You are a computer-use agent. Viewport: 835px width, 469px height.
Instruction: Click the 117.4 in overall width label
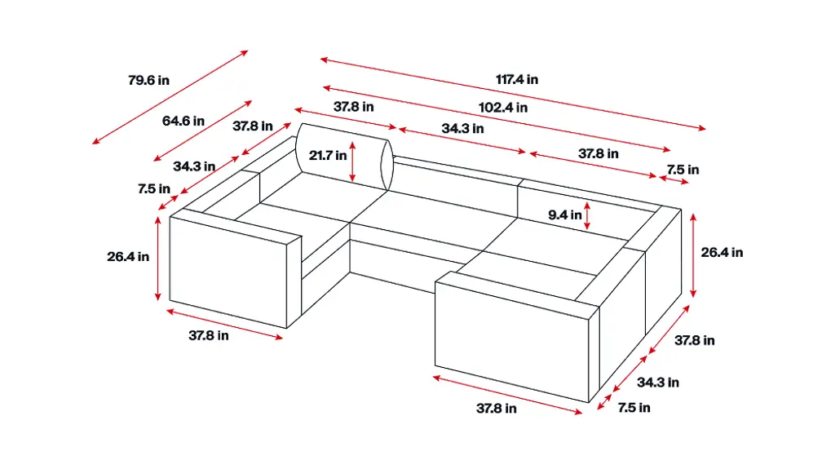pyautogui.click(x=516, y=80)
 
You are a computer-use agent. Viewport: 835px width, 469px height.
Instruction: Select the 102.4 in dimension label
pyautogui.click(x=502, y=108)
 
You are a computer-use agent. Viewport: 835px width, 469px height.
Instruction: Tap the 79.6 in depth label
pyautogui.click(x=148, y=81)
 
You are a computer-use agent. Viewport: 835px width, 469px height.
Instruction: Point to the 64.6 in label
pyautogui.click(x=183, y=121)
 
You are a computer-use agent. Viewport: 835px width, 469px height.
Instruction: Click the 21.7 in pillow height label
pyautogui.click(x=328, y=156)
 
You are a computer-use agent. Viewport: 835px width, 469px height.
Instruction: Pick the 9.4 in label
pyautogui.click(x=565, y=215)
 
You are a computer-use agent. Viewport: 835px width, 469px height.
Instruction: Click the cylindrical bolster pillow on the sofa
pyautogui.click(x=345, y=157)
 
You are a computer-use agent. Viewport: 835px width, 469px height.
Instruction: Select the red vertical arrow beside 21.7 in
pyautogui.click(x=352, y=161)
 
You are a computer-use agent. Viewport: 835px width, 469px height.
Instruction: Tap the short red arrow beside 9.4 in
pyautogui.click(x=587, y=216)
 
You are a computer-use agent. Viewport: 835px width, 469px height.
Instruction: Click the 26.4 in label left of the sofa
pyautogui.click(x=128, y=257)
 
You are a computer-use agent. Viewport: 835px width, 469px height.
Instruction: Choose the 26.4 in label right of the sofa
pyautogui.click(x=722, y=253)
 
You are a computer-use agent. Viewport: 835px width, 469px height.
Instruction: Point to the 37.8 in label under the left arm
pyautogui.click(x=208, y=336)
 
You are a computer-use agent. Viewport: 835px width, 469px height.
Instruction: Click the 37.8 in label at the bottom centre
pyautogui.click(x=497, y=409)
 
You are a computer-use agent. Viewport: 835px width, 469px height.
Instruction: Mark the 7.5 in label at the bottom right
pyautogui.click(x=634, y=408)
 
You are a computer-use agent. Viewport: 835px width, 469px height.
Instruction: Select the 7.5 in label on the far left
pyautogui.click(x=154, y=188)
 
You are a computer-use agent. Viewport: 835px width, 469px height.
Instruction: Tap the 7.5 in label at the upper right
pyautogui.click(x=683, y=170)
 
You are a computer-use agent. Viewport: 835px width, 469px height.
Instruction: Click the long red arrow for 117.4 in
pyautogui.click(x=513, y=93)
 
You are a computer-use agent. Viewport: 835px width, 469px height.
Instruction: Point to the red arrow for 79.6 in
pyautogui.click(x=170, y=97)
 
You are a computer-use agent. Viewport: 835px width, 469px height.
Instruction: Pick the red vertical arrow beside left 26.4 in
pyautogui.click(x=157, y=259)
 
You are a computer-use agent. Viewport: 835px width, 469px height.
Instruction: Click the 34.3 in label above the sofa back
pyautogui.click(x=462, y=129)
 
